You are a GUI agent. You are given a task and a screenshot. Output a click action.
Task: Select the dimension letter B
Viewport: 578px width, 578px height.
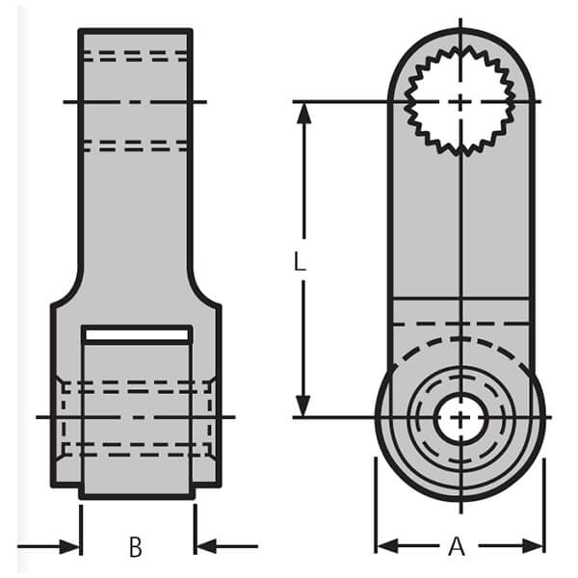click(136, 547)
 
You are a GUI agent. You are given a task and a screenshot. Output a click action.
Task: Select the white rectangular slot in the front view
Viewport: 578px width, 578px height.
click(136, 334)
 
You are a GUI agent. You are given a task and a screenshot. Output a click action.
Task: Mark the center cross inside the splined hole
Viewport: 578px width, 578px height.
click(461, 101)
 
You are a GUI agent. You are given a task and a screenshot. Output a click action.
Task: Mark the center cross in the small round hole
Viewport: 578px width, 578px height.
click(461, 418)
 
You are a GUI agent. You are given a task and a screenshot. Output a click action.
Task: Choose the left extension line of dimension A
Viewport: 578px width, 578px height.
click(376, 501)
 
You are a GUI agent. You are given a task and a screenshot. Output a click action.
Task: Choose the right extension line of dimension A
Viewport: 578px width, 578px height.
click(545, 501)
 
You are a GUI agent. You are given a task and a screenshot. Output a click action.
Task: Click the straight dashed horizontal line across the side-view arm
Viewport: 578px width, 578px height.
click(460, 324)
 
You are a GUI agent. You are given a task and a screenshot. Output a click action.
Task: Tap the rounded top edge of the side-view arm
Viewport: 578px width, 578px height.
click(460, 29)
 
